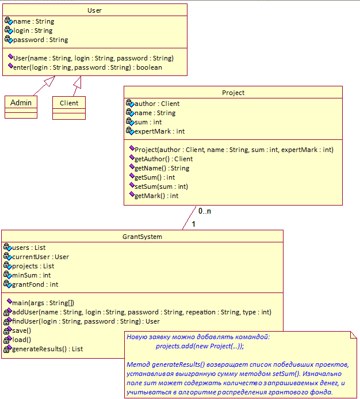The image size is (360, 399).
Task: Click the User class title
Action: click(x=94, y=10)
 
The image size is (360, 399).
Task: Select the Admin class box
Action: click(x=21, y=107)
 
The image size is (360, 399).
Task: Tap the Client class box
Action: click(x=69, y=108)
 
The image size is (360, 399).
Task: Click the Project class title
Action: click(x=233, y=93)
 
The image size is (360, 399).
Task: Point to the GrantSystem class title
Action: click(x=142, y=237)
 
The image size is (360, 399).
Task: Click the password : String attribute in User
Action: click(x=40, y=40)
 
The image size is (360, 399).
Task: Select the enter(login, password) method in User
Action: click(x=87, y=67)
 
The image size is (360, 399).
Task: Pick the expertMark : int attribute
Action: click(x=159, y=131)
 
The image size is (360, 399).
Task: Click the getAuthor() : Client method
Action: click(x=163, y=159)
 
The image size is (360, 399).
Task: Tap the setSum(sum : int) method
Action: click(x=161, y=187)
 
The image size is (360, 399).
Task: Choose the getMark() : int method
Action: click(x=156, y=196)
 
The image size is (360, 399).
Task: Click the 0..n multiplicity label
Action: click(x=205, y=211)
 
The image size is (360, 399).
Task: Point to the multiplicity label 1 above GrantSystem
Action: click(x=193, y=224)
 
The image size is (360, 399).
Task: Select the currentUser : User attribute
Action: click(x=40, y=257)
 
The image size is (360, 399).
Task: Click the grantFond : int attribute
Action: click(x=35, y=284)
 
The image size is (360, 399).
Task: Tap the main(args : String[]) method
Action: click(x=43, y=303)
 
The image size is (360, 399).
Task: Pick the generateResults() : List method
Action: click(x=48, y=349)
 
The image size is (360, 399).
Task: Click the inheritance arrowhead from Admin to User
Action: click(x=50, y=81)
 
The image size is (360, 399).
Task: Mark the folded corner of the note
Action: click(x=354, y=335)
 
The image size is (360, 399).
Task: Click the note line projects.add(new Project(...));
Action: click(x=200, y=346)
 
